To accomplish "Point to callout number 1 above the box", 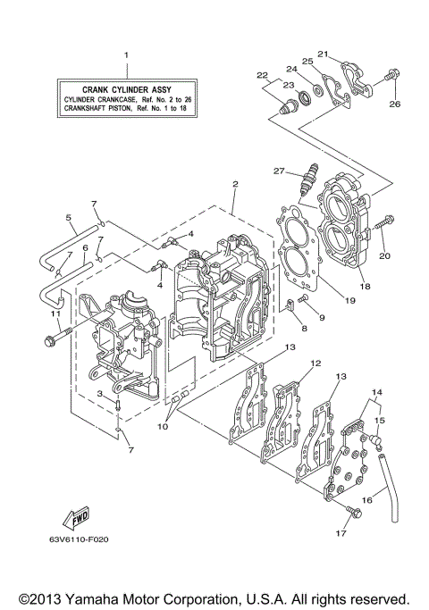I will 126,55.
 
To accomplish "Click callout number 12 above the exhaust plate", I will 315,363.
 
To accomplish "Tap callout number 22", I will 263,75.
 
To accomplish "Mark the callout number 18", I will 365,288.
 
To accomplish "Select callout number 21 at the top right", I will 323,54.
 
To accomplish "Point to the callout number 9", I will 321,317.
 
